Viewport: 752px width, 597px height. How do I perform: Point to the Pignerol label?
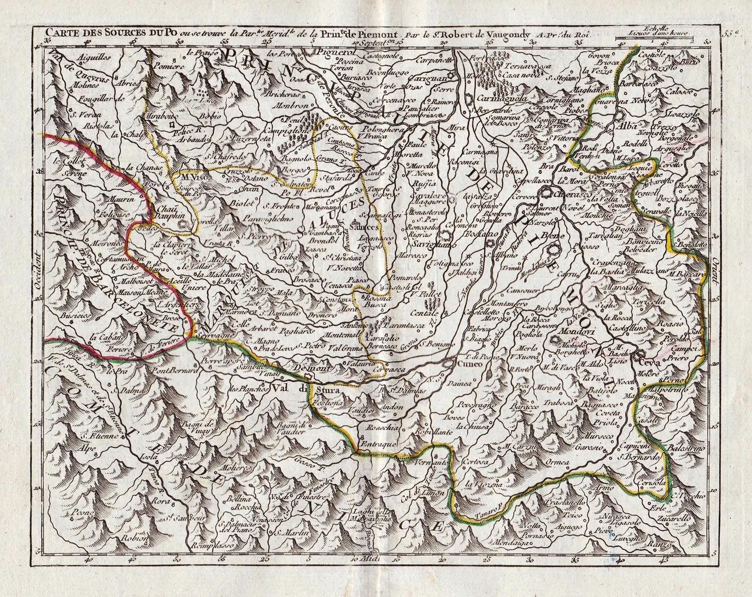pyautogui.click(x=331, y=52)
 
